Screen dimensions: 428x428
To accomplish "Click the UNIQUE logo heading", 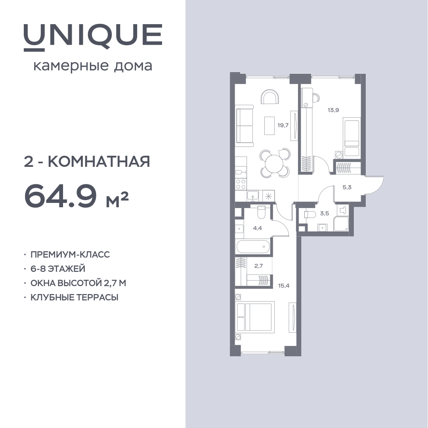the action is tap(93, 37).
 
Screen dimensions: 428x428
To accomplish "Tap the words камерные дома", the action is tap(93, 66).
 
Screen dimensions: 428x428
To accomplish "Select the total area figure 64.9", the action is tap(61, 196).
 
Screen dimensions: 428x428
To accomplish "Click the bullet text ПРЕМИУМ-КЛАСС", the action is tap(70, 254).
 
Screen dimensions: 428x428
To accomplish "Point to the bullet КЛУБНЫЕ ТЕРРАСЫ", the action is tap(74, 297).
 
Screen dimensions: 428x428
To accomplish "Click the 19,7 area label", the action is tap(283, 125).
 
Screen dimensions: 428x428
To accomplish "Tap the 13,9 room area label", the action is tap(333, 110).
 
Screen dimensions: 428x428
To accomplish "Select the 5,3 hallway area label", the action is tap(347, 187).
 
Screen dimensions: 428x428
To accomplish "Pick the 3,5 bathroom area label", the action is tap(325, 214).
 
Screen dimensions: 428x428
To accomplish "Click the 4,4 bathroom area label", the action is tap(258, 228).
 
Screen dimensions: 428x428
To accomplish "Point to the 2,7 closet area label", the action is tap(258, 266).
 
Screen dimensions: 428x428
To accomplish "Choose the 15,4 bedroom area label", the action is tap(284, 286).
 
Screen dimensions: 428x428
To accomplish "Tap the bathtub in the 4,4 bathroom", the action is tap(253, 246).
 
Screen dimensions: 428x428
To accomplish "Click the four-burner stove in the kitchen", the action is tap(241, 184).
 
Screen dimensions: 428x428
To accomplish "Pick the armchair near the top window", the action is tap(270, 97).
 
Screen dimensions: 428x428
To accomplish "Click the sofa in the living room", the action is tap(245, 126).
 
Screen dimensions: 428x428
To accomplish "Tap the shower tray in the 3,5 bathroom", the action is tap(341, 224).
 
